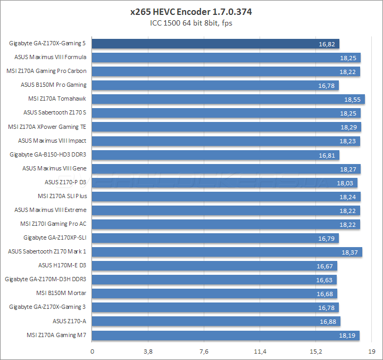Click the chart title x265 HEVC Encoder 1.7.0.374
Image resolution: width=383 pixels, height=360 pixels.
191,12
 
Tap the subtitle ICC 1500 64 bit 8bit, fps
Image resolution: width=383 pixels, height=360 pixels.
191,23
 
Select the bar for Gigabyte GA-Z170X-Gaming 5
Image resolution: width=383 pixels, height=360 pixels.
215,44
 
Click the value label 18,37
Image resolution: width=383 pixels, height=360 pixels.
349,251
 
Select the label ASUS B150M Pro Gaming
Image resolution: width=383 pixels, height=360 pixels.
53,85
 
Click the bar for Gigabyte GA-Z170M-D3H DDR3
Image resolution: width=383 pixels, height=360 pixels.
214,279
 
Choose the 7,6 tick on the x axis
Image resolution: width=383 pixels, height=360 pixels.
204,351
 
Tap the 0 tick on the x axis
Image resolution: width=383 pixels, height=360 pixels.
93,351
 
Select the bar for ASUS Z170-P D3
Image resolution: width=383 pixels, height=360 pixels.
224,182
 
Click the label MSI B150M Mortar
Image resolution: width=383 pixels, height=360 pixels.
61,293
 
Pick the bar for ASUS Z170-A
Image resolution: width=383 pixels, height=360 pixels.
216,321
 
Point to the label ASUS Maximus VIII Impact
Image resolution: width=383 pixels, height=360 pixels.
52,141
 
